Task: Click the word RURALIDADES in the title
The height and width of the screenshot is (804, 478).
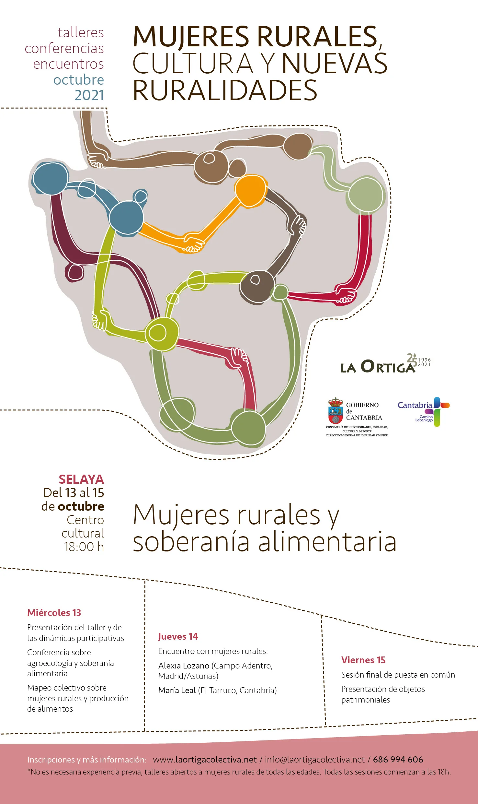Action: click(x=225, y=90)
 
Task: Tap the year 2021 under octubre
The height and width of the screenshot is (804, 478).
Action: click(x=89, y=95)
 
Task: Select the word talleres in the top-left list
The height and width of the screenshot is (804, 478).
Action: click(x=81, y=32)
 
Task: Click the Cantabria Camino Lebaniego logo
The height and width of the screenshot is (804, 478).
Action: click(x=424, y=411)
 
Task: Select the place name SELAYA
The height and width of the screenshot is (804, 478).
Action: click(x=81, y=479)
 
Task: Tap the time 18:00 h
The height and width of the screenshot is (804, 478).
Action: click(x=84, y=547)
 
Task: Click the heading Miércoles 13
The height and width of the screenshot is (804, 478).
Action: click(x=54, y=613)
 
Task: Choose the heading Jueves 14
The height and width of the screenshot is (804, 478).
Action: click(x=178, y=637)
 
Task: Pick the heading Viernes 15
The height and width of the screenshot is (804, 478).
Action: click(x=363, y=660)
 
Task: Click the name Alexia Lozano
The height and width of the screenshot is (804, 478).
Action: click(x=184, y=666)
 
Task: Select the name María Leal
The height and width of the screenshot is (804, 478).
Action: click(x=177, y=690)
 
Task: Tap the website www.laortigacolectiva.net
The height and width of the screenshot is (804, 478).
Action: click(x=205, y=760)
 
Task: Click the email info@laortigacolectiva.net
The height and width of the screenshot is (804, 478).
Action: click(x=315, y=760)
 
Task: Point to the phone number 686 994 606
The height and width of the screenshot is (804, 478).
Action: click(x=398, y=760)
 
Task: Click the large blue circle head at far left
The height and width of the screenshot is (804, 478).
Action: click(x=51, y=178)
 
